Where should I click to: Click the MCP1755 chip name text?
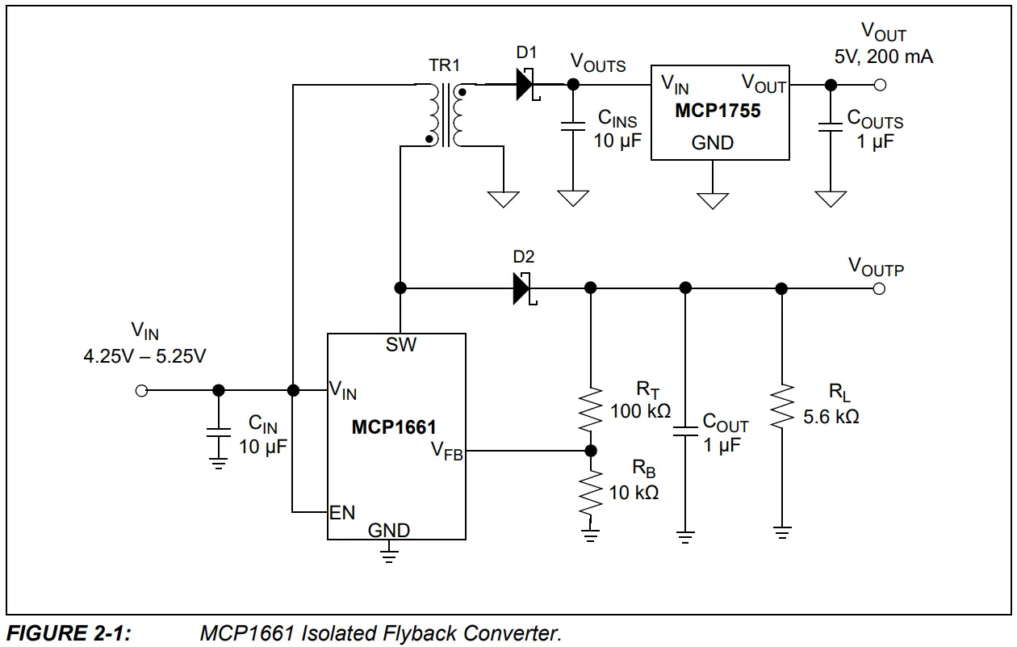718,111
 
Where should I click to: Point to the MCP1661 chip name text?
394,426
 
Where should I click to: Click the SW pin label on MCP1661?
401,345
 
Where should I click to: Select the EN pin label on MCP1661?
342,513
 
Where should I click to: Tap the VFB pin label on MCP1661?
446,450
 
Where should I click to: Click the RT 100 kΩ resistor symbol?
591,409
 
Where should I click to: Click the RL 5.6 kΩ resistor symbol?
781,409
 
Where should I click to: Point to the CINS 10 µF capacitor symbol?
573,125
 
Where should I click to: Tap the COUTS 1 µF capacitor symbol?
830,125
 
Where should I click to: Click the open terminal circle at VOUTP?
879,288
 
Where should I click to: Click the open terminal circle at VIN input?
141,391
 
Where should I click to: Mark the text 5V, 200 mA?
884,57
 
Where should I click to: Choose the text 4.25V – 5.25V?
144,355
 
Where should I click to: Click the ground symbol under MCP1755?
713,200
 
